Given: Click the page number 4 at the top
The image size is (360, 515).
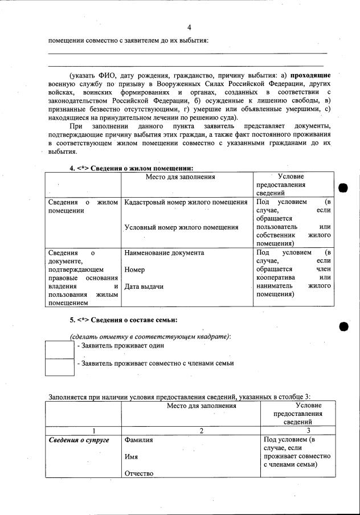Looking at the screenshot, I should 189,27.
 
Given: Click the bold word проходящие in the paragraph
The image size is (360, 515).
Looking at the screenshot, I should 310,75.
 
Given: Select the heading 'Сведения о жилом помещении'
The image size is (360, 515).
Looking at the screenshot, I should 136,168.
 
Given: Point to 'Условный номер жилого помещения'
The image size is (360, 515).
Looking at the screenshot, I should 181,227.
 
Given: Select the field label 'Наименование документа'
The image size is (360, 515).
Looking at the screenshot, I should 164,252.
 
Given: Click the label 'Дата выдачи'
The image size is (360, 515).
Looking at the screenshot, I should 144,287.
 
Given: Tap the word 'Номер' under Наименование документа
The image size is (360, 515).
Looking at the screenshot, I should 134,269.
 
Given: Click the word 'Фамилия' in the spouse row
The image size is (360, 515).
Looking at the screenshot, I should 139,440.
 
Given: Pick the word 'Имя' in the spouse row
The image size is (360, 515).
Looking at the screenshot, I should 131,457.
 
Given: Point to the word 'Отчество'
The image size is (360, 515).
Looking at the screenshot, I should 138,473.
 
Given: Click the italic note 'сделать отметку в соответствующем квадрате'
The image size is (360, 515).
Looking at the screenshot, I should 150,337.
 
